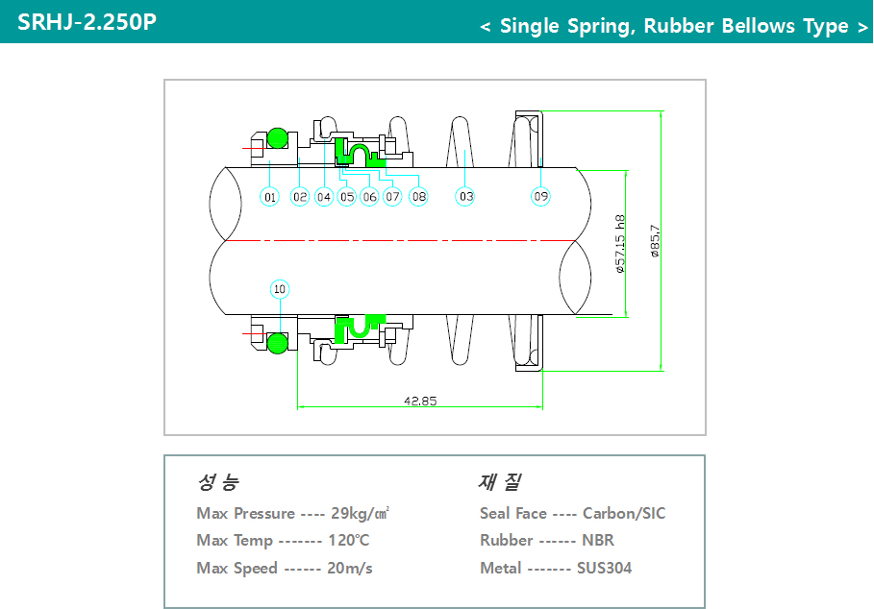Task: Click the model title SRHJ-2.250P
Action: pos(87,21)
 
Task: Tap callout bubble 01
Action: pos(270,197)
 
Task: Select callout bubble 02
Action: pos(300,197)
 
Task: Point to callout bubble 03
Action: pos(465,197)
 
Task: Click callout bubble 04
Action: pos(324,197)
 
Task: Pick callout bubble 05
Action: pos(347,197)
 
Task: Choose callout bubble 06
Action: pos(369,197)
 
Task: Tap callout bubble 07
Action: pos(392,197)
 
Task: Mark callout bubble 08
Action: pos(418,197)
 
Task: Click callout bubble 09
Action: pos(541,197)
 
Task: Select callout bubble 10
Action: pos(280,288)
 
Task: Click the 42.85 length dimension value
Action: pos(419,401)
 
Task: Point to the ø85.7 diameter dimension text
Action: pos(655,241)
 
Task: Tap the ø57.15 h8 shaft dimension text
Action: pos(620,244)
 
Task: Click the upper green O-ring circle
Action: pos(277,137)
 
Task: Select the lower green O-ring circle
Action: pos(277,342)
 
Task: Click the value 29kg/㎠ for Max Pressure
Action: pos(360,513)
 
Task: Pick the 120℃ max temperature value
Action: pos(348,541)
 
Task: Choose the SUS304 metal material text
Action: pos(604,569)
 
